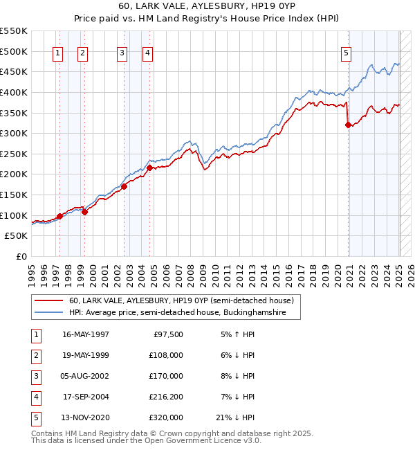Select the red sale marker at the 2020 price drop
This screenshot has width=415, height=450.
point(348,125)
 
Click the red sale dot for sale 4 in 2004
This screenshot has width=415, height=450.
point(149,168)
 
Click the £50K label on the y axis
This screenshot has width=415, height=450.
point(17,236)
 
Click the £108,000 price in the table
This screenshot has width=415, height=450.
point(167,355)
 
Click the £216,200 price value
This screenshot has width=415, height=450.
point(167,397)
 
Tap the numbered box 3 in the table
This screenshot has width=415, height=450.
point(35,376)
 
